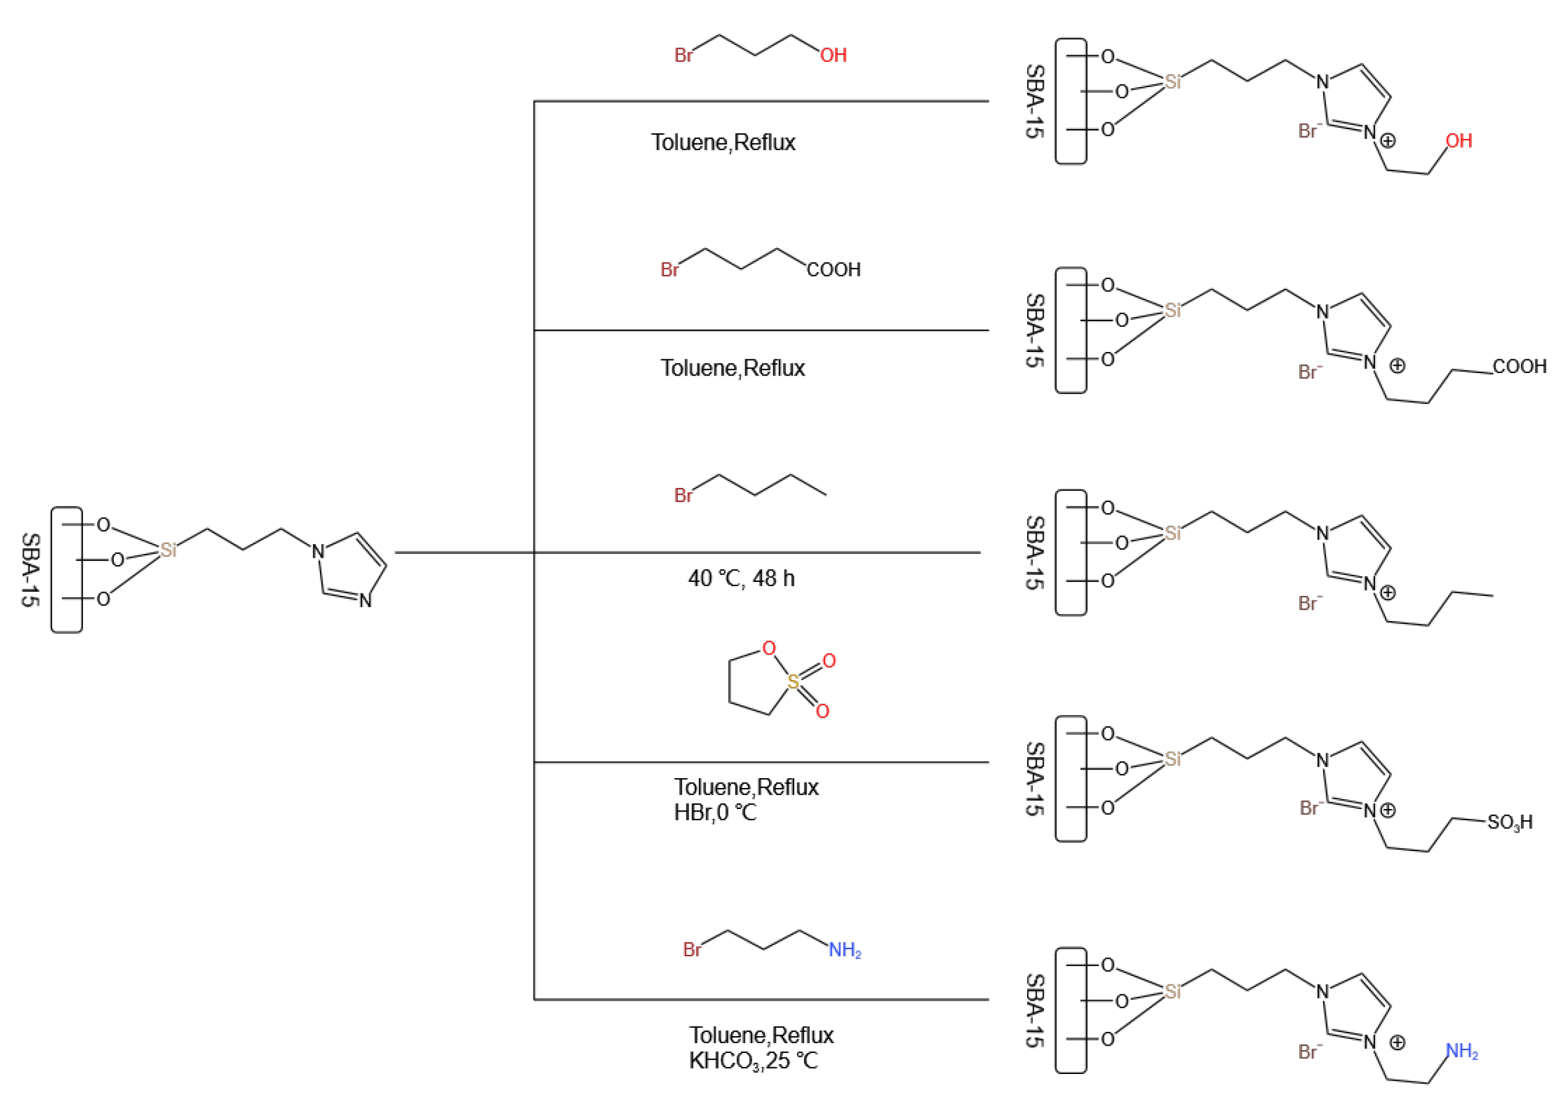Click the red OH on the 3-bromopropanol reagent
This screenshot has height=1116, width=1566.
click(832, 56)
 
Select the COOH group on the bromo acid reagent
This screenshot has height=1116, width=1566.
click(833, 269)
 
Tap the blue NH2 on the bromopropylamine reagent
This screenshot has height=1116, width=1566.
click(844, 950)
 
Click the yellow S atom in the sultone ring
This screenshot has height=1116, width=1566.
click(793, 682)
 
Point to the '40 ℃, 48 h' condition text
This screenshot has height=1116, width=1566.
click(741, 579)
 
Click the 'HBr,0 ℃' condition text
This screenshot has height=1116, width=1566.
click(715, 813)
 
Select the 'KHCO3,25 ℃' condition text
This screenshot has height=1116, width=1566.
click(753, 1061)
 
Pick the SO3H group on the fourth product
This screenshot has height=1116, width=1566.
click(1510, 823)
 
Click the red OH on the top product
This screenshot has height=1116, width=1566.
click(1458, 141)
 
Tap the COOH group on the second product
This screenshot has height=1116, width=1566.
click(1519, 367)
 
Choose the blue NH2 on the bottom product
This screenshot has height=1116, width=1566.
click(1462, 1051)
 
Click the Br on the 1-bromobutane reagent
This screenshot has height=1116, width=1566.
click(684, 495)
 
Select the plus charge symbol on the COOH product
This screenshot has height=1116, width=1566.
click(1397, 366)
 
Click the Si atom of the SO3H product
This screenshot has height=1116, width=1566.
click(1173, 758)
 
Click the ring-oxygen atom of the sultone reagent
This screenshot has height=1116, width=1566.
click(769, 648)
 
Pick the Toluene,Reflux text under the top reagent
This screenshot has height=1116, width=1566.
click(723, 143)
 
